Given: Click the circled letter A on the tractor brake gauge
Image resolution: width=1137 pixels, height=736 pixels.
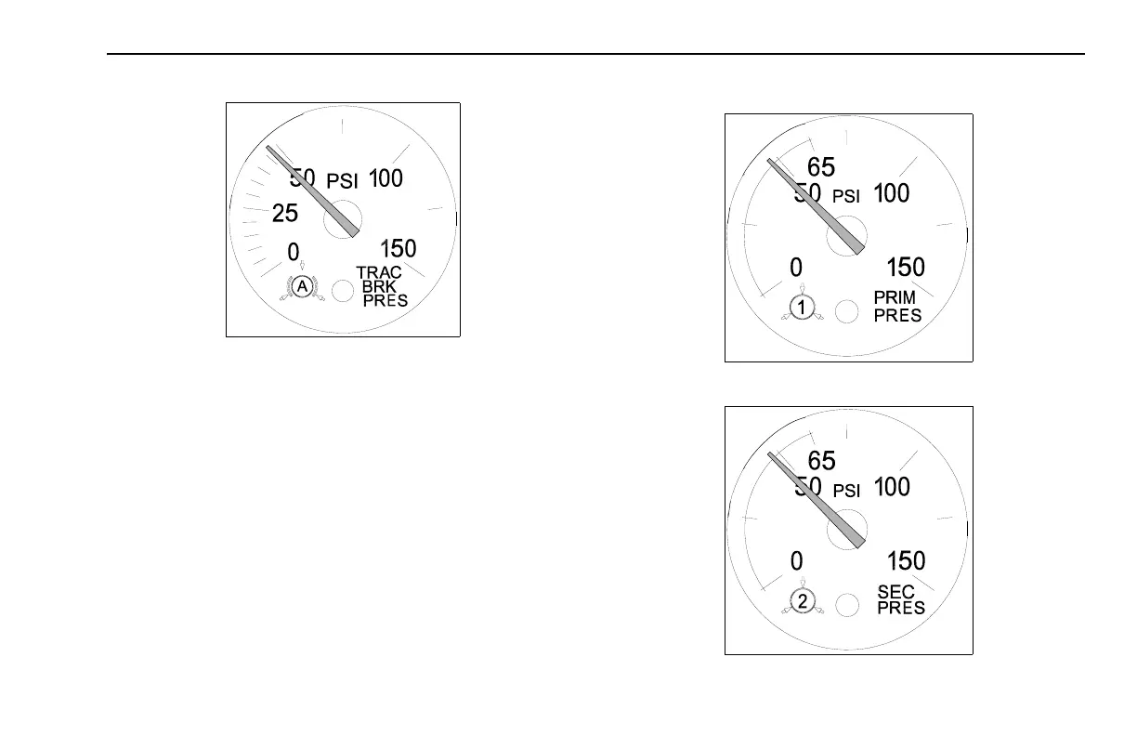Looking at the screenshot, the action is tap(303, 288).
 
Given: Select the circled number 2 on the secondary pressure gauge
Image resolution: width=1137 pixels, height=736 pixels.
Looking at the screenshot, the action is tap(804, 601).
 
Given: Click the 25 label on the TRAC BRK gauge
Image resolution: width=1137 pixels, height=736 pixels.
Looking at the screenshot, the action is tap(285, 214).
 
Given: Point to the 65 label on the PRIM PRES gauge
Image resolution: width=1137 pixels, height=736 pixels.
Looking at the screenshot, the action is tap(821, 167).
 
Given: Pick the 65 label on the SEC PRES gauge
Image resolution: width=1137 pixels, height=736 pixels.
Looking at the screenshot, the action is tap(821, 461).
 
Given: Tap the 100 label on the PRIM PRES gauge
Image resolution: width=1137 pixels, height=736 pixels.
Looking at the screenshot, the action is tap(892, 193).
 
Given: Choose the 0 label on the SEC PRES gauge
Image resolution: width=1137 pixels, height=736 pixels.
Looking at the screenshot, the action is tap(796, 560).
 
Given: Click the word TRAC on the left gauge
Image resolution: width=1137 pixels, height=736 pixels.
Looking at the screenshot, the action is tap(379, 272).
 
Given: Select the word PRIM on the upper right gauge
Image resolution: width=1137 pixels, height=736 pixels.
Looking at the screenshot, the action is tap(895, 297).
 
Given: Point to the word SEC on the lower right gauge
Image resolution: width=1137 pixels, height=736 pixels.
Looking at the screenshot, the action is tap(896, 592).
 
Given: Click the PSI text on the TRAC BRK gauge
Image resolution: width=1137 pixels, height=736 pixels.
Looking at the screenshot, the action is tap(342, 182).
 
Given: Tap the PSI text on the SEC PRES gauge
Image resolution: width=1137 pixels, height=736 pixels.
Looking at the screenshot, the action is tap(847, 492).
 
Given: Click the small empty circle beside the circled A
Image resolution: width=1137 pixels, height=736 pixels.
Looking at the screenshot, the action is tap(343, 291).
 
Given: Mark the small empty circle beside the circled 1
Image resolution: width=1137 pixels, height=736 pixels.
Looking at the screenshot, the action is tap(845, 311).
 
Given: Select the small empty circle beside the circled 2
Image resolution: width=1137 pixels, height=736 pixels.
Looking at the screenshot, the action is tap(845, 605).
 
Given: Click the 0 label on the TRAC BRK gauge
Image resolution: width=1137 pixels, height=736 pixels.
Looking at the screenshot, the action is tap(293, 252).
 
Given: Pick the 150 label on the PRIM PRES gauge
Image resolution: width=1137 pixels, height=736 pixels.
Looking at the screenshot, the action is tap(906, 268).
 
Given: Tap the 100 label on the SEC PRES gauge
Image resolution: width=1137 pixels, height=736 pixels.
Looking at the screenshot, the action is tap(892, 487).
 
